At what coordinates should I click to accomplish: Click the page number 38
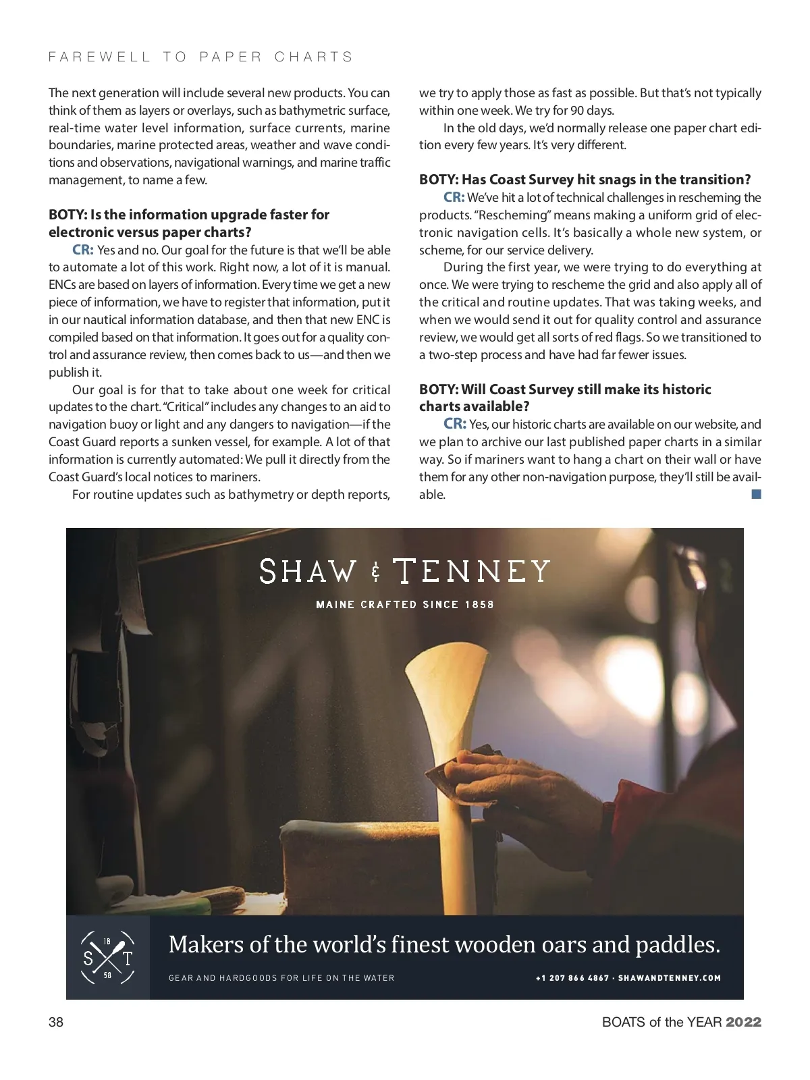pyautogui.click(x=56, y=1022)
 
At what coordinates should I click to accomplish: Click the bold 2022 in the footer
pyautogui.click(x=743, y=1022)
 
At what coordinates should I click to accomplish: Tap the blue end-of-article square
pyautogui.click(x=756, y=494)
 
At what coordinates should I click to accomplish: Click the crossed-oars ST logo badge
pyautogui.click(x=107, y=957)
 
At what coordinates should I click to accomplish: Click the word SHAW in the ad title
pyautogui.click(x=307, y=572)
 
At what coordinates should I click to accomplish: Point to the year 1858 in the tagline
pyautogui.click(x=479, y=604)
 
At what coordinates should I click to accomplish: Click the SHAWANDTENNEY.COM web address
pyautogui.click(x=670, y=977)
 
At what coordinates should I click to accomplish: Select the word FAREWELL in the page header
pyautogui.click(x=99, y=57)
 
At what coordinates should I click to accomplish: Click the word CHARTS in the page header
pyautogui.click(x=314, y=57)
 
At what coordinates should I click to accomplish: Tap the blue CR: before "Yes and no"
pyautogui.click(x=83, y=250)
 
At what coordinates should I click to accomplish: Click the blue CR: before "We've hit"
pyautogui.click(x=454, y=197)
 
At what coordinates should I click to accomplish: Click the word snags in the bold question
pyautogui.click(x=632, y=180)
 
